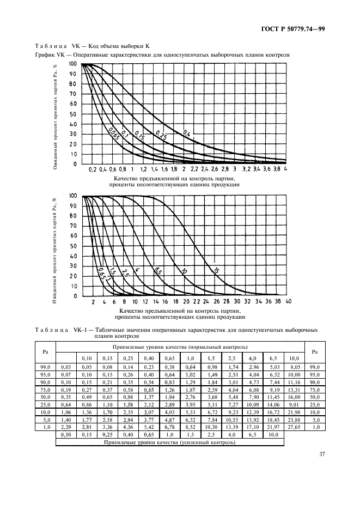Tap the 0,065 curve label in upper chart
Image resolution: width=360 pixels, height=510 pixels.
[113, 133]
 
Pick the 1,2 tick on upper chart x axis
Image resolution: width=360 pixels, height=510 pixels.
[143, 169]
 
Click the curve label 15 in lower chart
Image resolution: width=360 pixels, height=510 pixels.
[215, 271]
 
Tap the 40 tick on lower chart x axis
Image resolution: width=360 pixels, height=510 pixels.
[288, 301]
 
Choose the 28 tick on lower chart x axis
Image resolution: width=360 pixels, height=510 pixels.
[227, 301]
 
